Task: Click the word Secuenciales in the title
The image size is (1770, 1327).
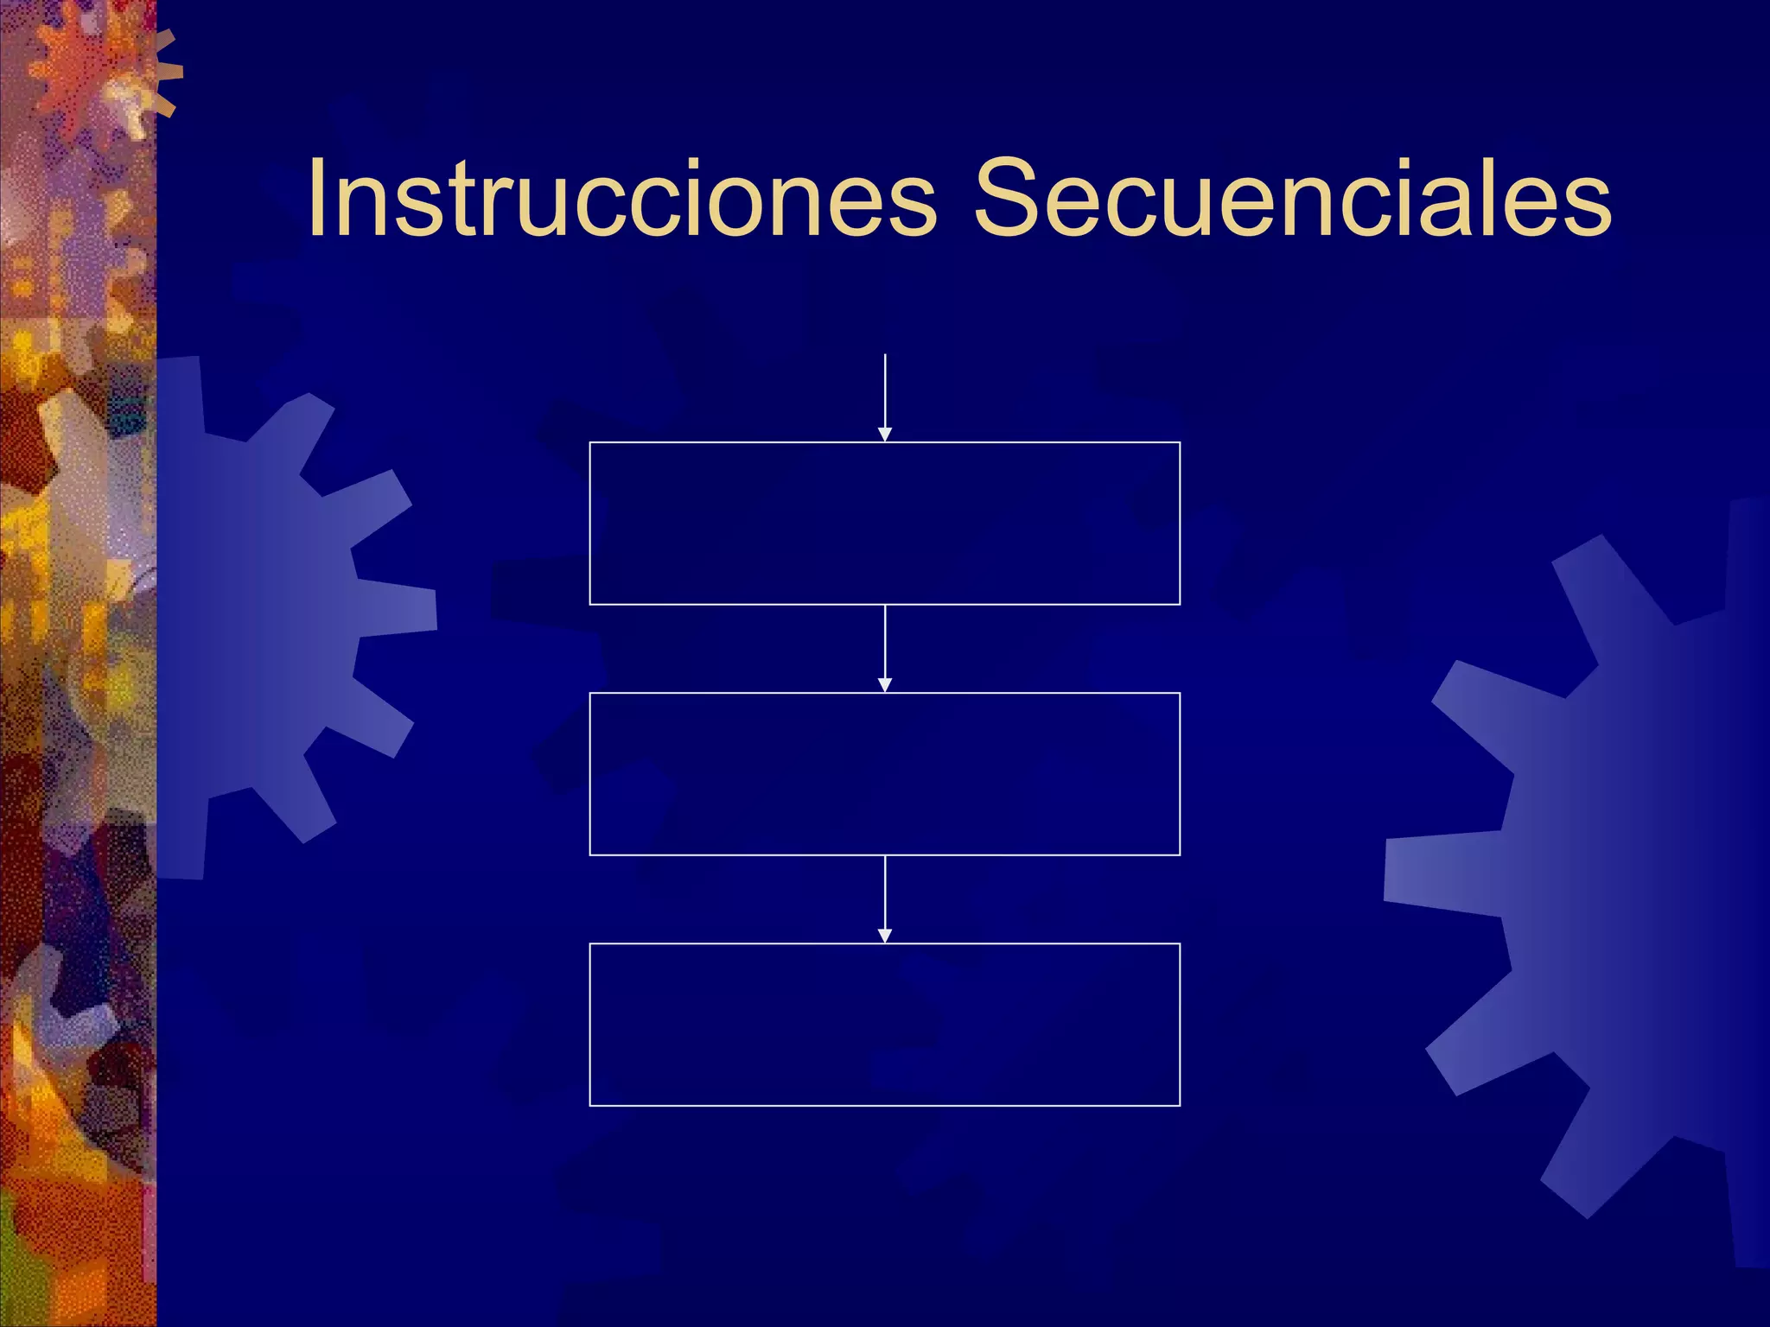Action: (x=1292, y=198)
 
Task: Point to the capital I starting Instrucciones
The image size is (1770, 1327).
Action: (x=317, y=198)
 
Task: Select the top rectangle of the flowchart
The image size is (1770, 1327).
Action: (x=884, y=523)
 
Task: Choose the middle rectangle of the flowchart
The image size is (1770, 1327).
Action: (x=884, y=773)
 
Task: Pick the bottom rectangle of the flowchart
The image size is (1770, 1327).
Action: (x=884, y=1024)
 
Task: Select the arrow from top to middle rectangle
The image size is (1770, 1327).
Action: (x=885, y=644)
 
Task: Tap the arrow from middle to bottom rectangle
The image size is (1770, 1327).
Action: (x=885, y=894)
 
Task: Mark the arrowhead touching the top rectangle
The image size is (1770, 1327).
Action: (x=885, y=435)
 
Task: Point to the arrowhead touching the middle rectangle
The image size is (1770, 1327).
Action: (x=885, y=685)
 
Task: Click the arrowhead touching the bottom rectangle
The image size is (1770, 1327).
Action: (x=885, y=936)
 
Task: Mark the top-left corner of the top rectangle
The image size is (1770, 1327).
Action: (x=590, y=442)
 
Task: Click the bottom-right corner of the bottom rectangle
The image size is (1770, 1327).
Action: (x=1180, y=1105)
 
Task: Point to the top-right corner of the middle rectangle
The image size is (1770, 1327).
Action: (x=1180, y=693)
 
